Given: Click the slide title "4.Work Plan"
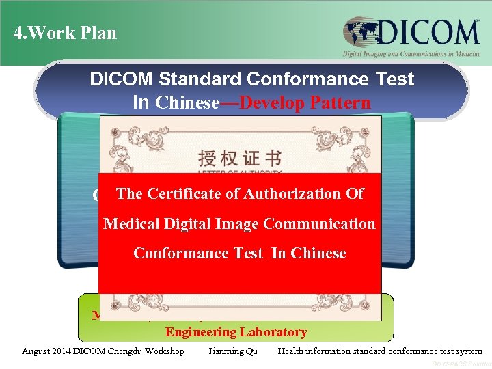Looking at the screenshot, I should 66,33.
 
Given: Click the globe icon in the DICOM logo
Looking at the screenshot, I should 359,33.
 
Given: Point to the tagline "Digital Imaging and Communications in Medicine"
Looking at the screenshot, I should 411,54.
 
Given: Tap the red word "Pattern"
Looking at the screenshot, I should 336,103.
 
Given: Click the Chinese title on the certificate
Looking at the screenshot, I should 240,159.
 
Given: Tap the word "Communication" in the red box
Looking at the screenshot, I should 319,224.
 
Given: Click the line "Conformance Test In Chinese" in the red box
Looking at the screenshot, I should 240,254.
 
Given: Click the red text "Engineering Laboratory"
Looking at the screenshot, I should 236,332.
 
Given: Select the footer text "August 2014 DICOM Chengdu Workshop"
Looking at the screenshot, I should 103,351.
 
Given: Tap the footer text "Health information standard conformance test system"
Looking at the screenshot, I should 380,351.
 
